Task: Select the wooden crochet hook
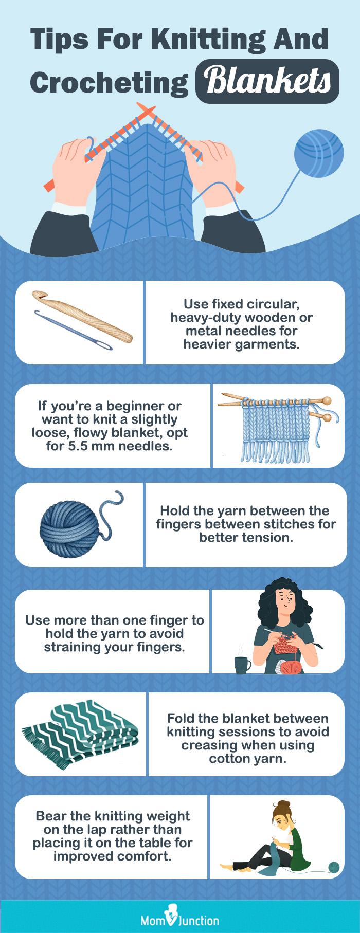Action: [82, 317]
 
